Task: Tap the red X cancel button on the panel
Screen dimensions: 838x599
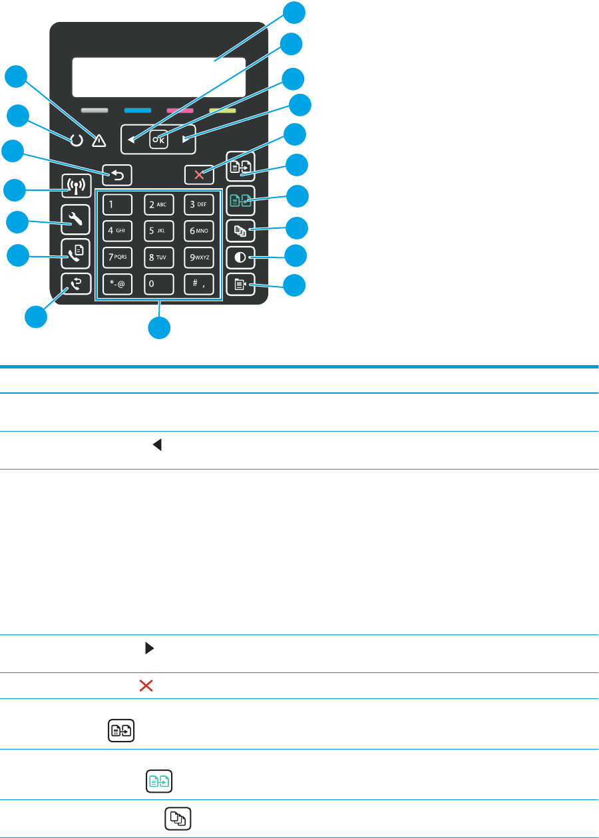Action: coord(199,176)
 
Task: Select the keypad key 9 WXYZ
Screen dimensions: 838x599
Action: coord(199,257)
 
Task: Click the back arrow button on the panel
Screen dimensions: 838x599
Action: coord(118,176)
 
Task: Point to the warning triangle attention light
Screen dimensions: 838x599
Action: coord(99,140)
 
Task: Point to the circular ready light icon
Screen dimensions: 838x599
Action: coord(77,140)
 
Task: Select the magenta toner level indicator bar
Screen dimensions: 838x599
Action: coord(180,110)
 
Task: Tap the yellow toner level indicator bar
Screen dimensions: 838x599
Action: coord(222,110)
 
